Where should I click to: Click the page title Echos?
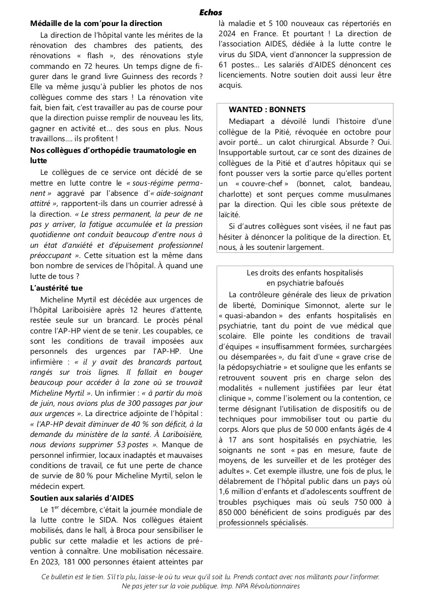click(210, 13)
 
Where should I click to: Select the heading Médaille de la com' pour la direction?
click(96, 23)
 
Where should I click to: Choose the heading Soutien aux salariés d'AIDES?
click(85, 498)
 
